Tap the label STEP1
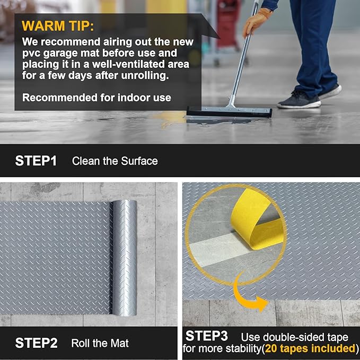point(36,161)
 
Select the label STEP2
point(36,343)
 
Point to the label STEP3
point(207,336)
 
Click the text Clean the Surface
point(115,161)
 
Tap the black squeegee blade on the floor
point(229,113)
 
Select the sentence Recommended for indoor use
point(96,98)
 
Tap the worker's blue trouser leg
point(313,48)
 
